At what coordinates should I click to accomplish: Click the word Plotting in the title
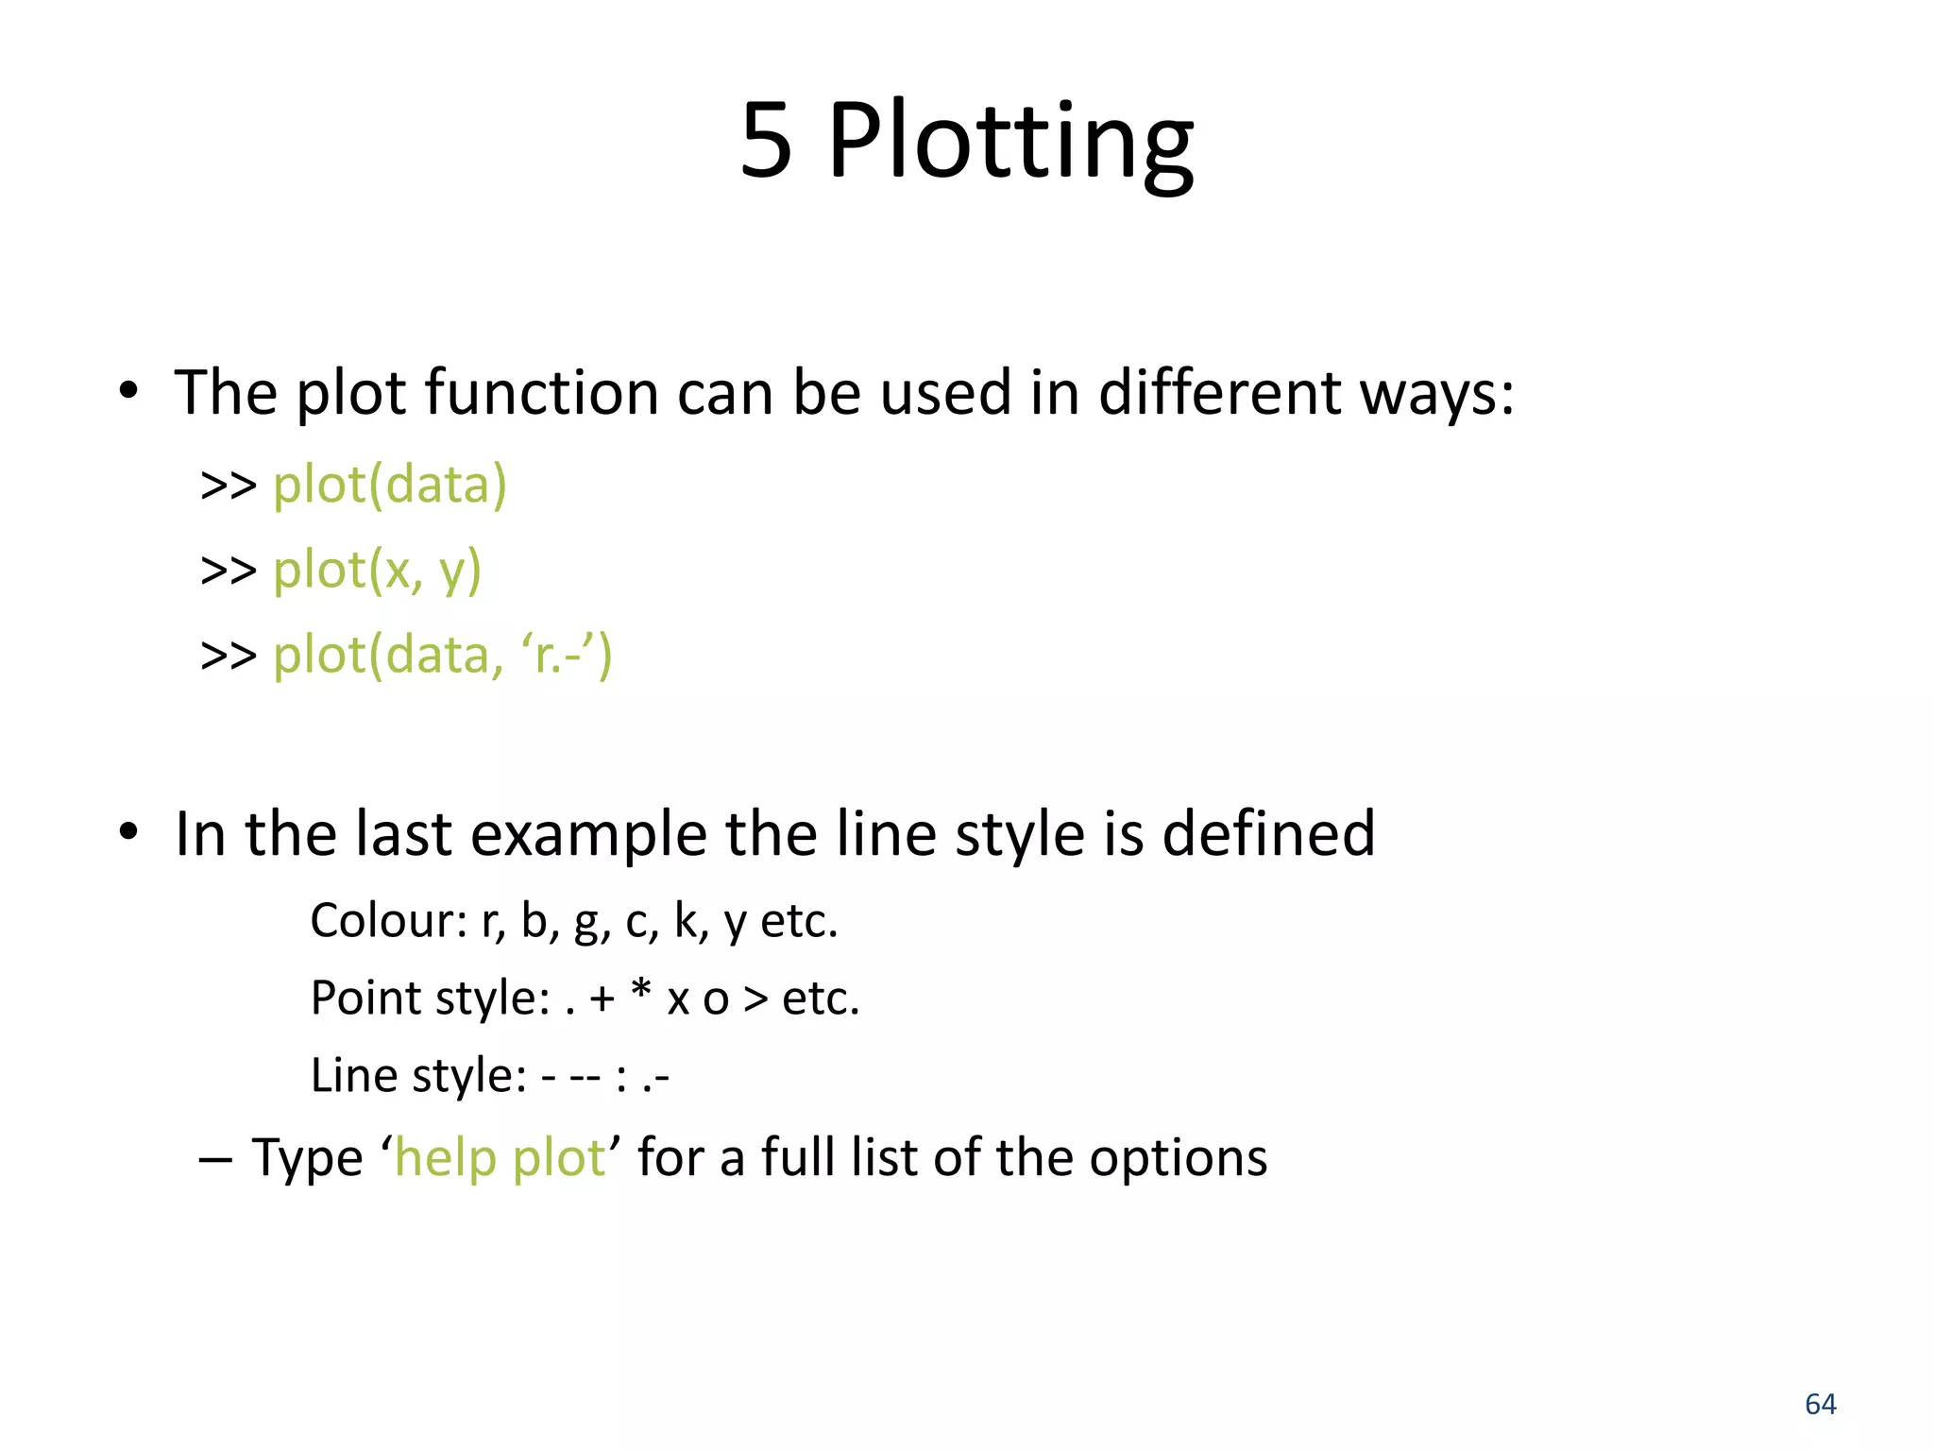pos(1010,144)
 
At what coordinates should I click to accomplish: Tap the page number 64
pos(1820,1404)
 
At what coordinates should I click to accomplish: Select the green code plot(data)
pos(390,486)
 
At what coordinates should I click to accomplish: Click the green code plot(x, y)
pos(377,571)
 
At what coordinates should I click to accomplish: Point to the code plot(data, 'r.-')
pos(443,655)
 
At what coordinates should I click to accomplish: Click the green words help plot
pos(500,1158)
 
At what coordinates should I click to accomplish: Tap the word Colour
pos(387,920)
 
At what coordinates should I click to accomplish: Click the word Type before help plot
pos(307,1158)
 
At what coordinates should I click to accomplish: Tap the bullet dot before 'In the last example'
pos(128,832)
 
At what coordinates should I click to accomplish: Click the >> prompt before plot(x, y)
pos(229,571)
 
